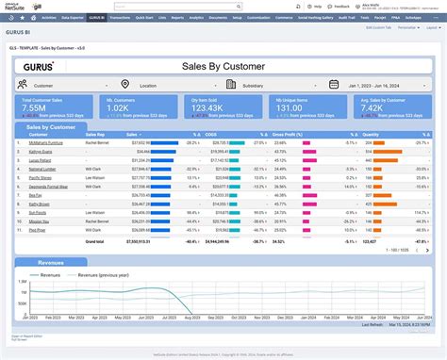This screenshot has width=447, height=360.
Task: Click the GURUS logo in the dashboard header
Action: click(41, 66)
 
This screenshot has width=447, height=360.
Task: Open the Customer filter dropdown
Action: click(61, 85)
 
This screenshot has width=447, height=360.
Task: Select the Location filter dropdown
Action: click(160, 85)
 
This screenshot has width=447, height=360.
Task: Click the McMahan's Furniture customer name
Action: click(39, 144)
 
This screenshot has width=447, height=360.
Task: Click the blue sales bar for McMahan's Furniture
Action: click(166, 144)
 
